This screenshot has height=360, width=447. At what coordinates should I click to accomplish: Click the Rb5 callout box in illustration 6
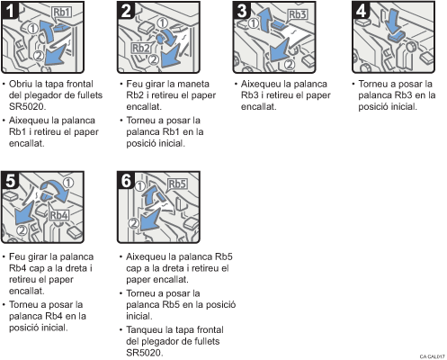point(177,184)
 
